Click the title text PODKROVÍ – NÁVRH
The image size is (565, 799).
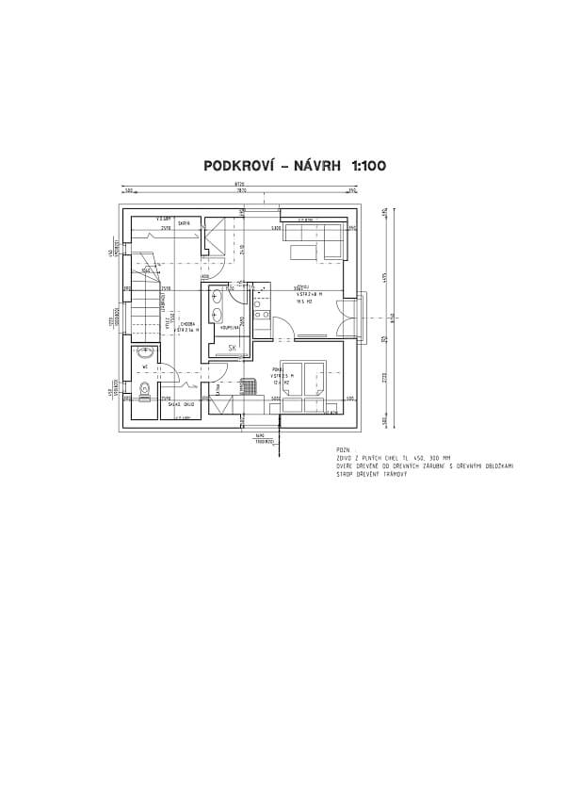pos(273,165)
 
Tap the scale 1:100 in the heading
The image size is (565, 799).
pos(368,165)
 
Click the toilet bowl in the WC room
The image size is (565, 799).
pos(142,390)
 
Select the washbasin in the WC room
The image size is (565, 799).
pos(144,354)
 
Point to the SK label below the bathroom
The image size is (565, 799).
pos(232,348)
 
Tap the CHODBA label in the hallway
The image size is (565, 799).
pos(187,323)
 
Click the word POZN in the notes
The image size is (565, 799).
pos(342,451)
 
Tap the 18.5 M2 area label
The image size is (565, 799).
pos(304,302)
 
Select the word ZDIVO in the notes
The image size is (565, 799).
pos(346,459)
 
